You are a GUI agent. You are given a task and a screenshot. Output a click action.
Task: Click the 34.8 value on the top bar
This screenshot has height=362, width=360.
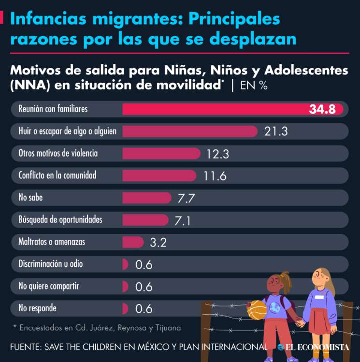[x=322, y=109]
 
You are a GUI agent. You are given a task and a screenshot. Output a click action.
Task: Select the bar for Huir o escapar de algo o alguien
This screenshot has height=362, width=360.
[x=189, y=131]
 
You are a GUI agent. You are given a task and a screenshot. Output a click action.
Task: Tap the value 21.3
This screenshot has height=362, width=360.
[x=276, y=131]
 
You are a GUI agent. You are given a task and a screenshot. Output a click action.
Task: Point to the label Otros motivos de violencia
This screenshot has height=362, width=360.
[x=58, y=153]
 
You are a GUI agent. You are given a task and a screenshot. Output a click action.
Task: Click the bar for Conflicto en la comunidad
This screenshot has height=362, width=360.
[x=159, y=175]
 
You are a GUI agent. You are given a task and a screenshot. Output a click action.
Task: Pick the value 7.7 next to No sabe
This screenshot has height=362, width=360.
[x=186, y=198]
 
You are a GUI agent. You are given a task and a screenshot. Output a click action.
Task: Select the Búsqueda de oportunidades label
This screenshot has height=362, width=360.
[x=60, y=220]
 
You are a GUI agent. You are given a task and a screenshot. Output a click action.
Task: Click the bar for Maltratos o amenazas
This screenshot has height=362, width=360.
[x=133, y=242]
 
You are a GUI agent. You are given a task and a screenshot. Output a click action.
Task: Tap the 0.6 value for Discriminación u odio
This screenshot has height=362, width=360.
[x=144, y=264]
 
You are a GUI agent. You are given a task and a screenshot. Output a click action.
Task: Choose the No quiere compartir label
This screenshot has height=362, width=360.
[x=49, y=286]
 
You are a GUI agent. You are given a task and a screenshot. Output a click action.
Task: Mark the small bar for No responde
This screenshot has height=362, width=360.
[x=125, y=308]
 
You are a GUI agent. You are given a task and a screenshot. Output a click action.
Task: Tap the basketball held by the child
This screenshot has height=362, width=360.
[x=257, y=310]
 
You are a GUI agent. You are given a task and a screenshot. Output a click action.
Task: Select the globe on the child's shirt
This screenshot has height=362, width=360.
[x=275, y=307]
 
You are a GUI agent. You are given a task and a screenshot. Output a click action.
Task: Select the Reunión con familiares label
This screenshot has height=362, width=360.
[x=53, y=109]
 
